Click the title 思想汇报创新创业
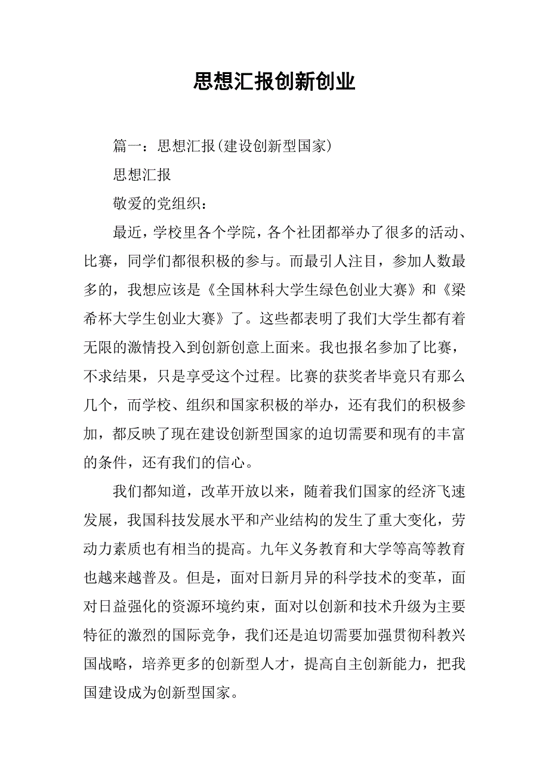(274, 82)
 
